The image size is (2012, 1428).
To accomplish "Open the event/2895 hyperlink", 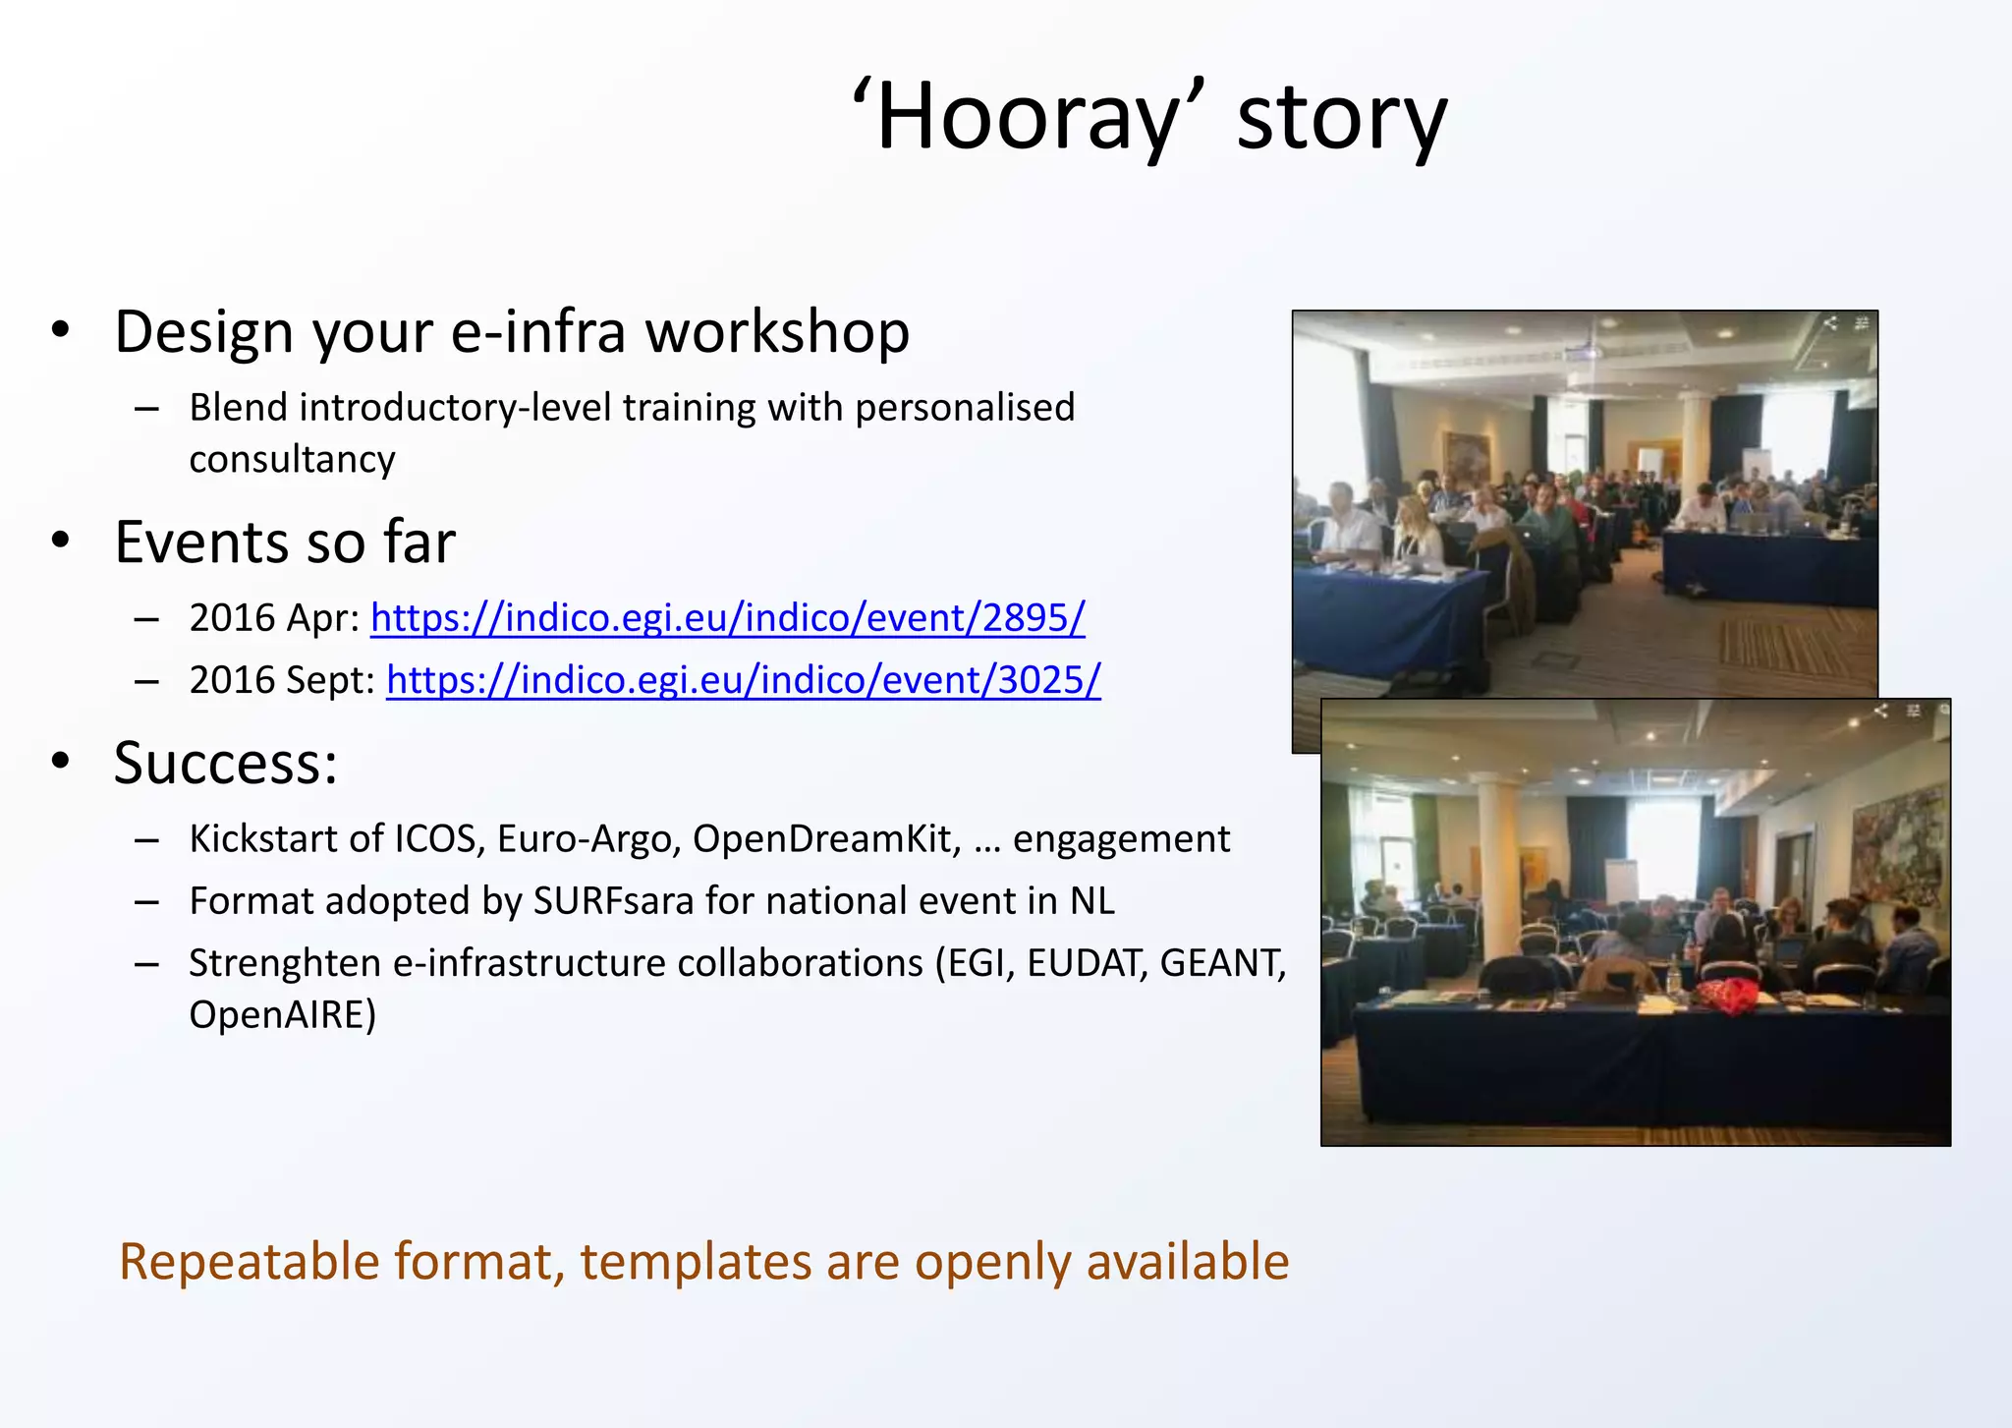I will pyautogui.click(x=727, y=618).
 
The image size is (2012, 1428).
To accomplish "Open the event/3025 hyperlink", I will pyautogui.click(x=744, y=680).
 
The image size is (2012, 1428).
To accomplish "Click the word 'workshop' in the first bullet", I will pyautogui.click(x=777, y=332).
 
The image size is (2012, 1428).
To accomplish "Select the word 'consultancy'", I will pyautogui.click(x=292, y=460).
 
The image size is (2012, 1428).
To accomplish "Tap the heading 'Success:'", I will pyautogui.click(x=226, y=763).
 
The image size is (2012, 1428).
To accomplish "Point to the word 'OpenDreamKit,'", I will pyautogui.click(x=826, y=839).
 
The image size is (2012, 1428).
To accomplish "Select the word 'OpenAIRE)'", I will pyautogui.click(x=283, y=1015).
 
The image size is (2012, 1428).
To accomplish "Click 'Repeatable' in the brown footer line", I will pyautogui.click(x=249, y=1262).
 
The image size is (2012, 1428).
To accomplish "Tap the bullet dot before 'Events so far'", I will pyautogui.click(x=61, y=542).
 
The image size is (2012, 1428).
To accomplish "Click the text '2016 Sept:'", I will pyautogui.click(x=282, y=680).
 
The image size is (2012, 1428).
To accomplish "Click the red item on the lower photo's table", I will pyautogui.click(x=1728, y=995).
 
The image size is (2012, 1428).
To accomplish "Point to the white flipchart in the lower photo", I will pyautogui.click(x=1622, y=881).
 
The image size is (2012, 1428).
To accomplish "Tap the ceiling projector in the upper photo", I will pyautogui.click(x=1583, y=352).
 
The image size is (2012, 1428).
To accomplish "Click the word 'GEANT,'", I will pyautogui.click(x=1222, y=963).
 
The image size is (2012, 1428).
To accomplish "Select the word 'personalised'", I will pyautogui.click(x=965, y=408).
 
